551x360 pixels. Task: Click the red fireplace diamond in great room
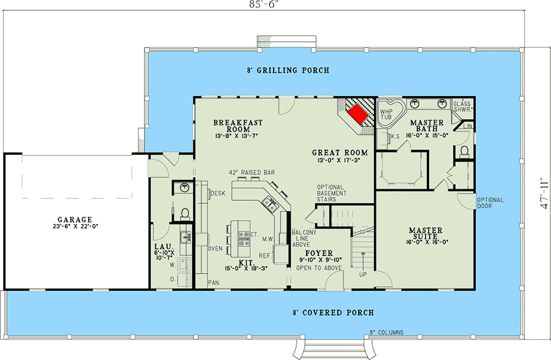(x=357, y=113)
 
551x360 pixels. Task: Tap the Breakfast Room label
(x=230, y=126)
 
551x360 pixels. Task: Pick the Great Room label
(x=340, y=152)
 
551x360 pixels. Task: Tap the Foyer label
(x=318, y=253)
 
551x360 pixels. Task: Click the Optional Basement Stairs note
(x=331, y=194)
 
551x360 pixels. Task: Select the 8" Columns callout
(x=386, y=332)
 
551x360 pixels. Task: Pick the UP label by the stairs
(x=363, y=274)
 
